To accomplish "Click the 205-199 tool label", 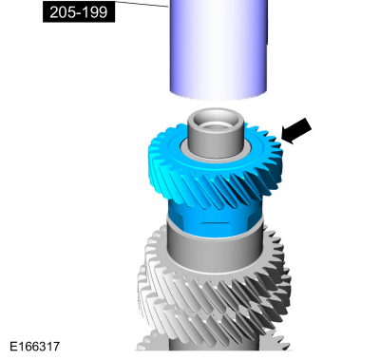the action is coord(79,12).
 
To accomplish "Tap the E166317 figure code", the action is coord(35,346).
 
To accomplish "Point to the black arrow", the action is coord(296,131).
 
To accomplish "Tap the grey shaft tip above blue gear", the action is coord(216,133).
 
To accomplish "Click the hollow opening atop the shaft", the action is coord(216,122).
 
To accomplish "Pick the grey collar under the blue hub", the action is coord(216,250).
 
